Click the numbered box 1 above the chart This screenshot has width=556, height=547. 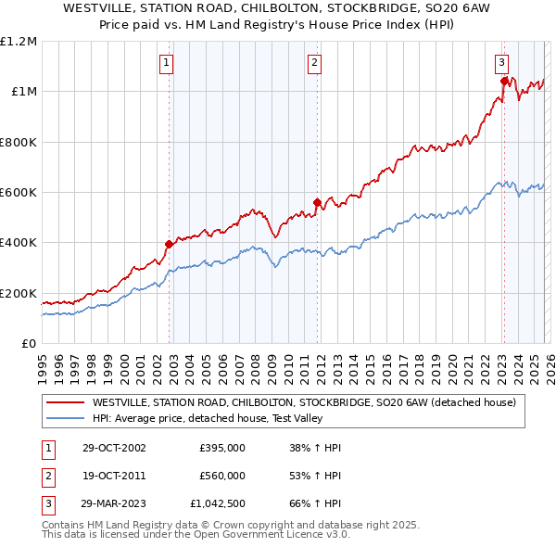pyautogui.click(x=166, y=63)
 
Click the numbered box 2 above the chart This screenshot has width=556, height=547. pyautogui.click(x=314, y=63)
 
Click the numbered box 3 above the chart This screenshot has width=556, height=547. pyautogui.click(x=501, y=63)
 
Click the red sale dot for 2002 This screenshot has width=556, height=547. pyautogui.click(x=170, y=245)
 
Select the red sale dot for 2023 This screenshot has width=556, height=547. pyautogui.click(x=504, y=81)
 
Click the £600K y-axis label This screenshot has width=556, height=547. pyautogui.click(x=19, y=193)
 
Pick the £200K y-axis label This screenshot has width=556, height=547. pyautogui.click(x=19, y=293)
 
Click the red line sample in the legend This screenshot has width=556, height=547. pyautogui.click(x=64, y=402)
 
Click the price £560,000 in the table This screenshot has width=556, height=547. pyautogui.click(x=222, y=476)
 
